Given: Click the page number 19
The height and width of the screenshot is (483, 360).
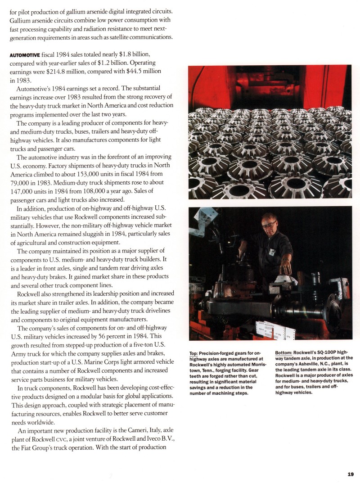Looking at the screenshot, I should (351, 473).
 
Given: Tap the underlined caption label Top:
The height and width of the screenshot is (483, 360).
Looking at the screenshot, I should (194, 353).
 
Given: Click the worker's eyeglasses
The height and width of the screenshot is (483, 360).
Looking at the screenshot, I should (270, 224).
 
